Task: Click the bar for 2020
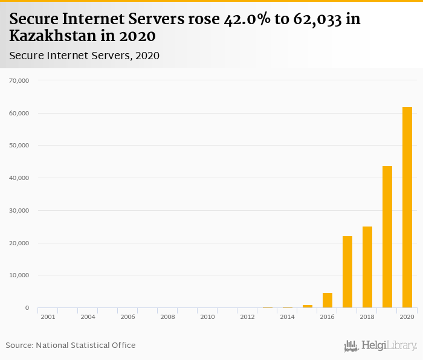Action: (x=407, y=207)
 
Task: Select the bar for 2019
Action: (x=387, y=237)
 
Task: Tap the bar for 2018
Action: (x=367, y=267)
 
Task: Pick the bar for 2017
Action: (x=347, y=272)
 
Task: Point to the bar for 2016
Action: (x=328, y=300)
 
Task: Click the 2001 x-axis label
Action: (x=48, y=317)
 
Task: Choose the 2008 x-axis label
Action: (x=167, y=317)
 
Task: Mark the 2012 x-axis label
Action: (x=247, y=317)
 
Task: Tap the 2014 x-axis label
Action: (x=287, y=317)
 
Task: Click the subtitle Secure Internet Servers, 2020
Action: (x=84, y=56)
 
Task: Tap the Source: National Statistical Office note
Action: (x=71, y=346)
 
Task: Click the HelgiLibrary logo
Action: (x=381, y=346)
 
